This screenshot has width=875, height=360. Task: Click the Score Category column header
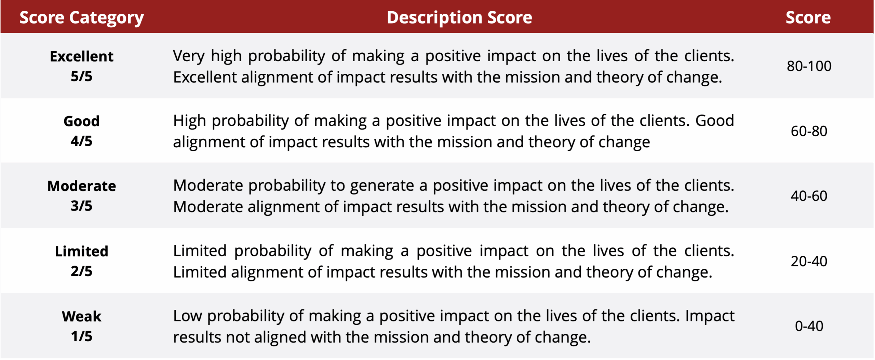(81, 18)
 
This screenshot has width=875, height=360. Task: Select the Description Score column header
(459, 18)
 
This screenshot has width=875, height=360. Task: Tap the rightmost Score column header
(808, 17)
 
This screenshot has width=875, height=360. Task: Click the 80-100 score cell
(809, 66)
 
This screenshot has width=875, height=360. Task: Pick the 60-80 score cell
(809, 131)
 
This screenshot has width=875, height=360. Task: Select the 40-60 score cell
(809, 196)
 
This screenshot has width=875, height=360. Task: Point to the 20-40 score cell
(809, 261)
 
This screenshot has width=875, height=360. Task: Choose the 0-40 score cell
(809, 326)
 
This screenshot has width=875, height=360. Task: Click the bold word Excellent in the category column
(81, 56)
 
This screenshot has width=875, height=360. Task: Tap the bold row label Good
(81, 121)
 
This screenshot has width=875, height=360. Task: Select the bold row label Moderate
(81, 186)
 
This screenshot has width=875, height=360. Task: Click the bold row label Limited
(81, 251)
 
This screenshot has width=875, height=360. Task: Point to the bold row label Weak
(81, 317)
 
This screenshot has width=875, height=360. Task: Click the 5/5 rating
(81, 76)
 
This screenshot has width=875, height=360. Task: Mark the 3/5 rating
(81, 206)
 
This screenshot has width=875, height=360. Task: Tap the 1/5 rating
(81, 336)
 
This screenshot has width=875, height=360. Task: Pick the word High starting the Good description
(189, 121)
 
